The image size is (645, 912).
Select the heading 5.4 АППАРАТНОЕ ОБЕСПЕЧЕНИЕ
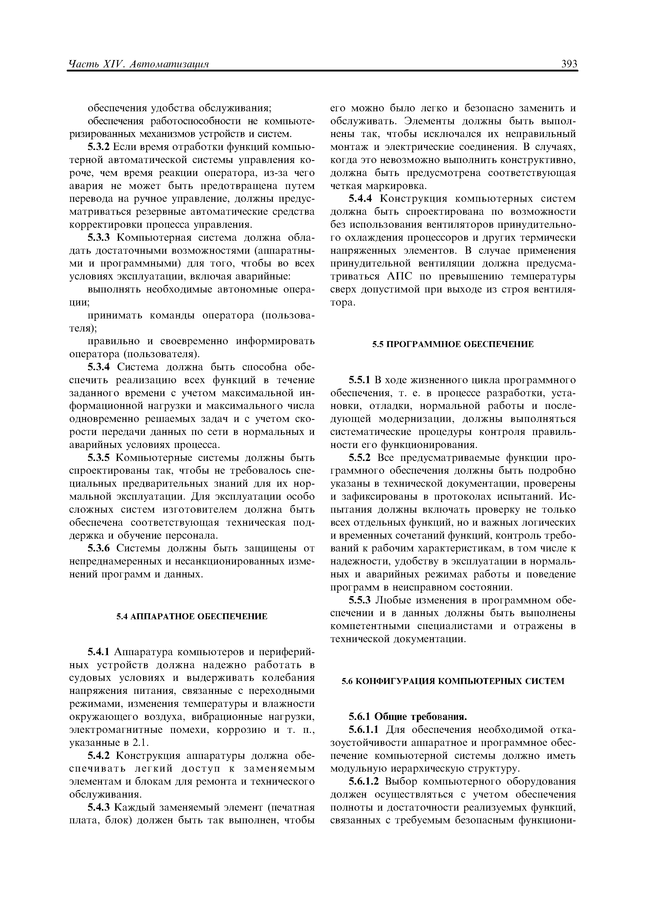coord(192,616)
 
